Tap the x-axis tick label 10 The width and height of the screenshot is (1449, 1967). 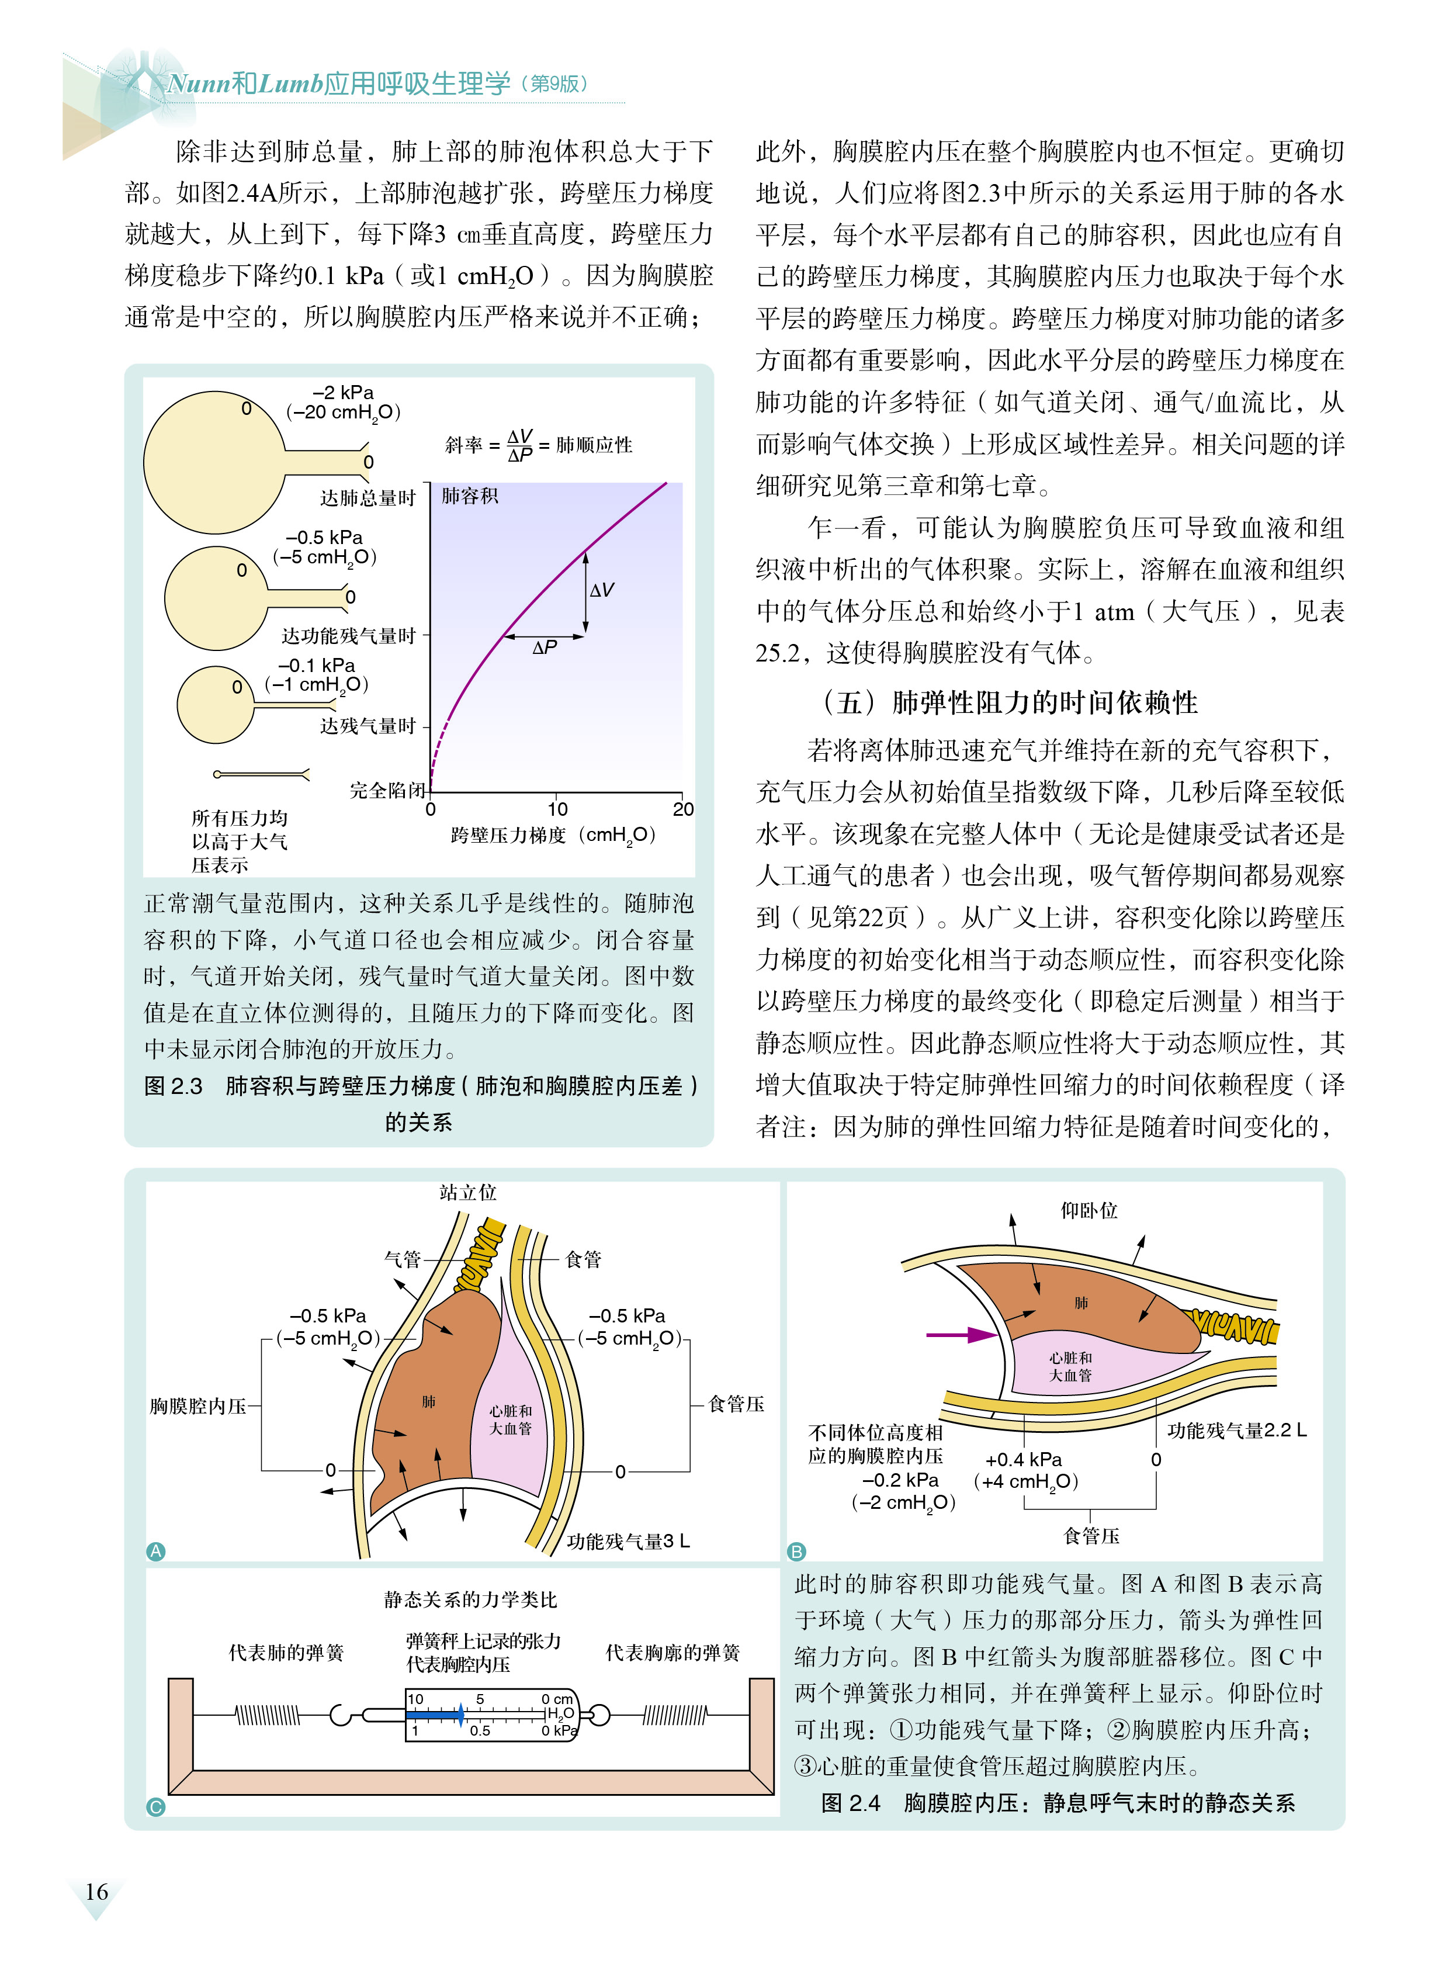pyautogui.click(x=558, y=809)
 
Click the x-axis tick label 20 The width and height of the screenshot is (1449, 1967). pyautogui.click(x=682, y=809)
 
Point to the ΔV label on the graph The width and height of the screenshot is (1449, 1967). pyautogui.click(x=602, y=590)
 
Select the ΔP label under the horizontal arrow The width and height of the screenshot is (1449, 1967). pyautogui.click(x=545, y=647)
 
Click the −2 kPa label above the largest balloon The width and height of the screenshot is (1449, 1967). pyautogui.click(x=343, y=392)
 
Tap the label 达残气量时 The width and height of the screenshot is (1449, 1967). pyautogui.click(x=368, y=726)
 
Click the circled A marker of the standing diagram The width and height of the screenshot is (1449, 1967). pyautogui.click(x=155, y=1551)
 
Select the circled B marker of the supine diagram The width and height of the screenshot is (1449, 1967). pyautogui.click(x=796, y=1551)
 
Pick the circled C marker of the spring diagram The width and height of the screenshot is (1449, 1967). pyautogui.click(x=155, y=1806)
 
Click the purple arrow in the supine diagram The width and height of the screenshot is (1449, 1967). pyautogui.click(x=961, y=1335)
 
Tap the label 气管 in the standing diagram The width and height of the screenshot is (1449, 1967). pyautogui.click(x=403, y=1259)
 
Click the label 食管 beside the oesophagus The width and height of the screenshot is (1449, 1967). pyautogui.click(x=583, y=1259)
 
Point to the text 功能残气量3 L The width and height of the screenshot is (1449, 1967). pyautogui.click(x=628, y=1540)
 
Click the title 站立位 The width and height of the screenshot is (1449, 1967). pyautogui.click(x=467, y=1192)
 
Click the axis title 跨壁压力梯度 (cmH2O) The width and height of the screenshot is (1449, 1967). pyautogui.click(x=553, y=835)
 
